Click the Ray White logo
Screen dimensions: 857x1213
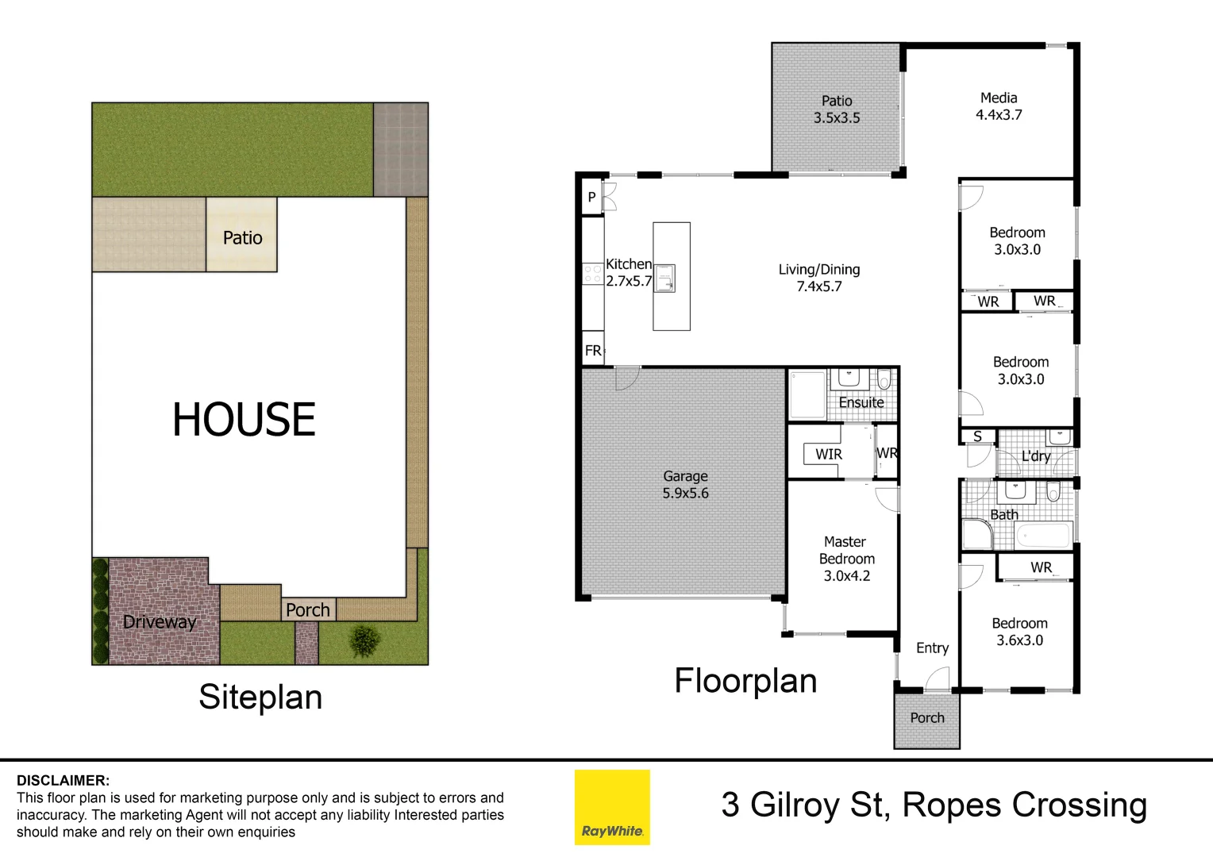(x=612, y=807)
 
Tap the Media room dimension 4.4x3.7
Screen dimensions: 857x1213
(x=999, y=115)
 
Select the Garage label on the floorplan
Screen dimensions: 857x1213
(x=685, y=476)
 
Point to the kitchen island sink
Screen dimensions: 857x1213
(x=664, y=278)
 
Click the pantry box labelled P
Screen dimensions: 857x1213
(x=591, y=197)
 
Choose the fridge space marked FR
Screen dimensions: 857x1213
(x=593, y=351)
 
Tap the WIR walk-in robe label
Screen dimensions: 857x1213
(x=828, y=454)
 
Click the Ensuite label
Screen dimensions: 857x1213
(x=861, y=402)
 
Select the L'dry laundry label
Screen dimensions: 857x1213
(x=1036, y=456)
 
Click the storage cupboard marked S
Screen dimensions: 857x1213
(x=977, y=436)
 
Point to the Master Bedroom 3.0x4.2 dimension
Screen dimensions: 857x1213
(x=846, y=576)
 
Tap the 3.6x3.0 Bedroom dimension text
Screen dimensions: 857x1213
(x=1020, y=640)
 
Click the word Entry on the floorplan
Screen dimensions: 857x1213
(x=932, y=648)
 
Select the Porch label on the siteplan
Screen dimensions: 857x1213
(x=308, y=610)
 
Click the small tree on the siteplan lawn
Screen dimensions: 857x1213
(x=364, y=640)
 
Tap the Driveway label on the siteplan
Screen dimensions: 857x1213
(x=159, y=622)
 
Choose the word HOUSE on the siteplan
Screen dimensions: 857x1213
(x=244, y=420)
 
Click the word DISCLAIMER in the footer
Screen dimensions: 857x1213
(x=64, y=781)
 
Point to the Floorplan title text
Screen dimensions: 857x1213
(x=745, y=681)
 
